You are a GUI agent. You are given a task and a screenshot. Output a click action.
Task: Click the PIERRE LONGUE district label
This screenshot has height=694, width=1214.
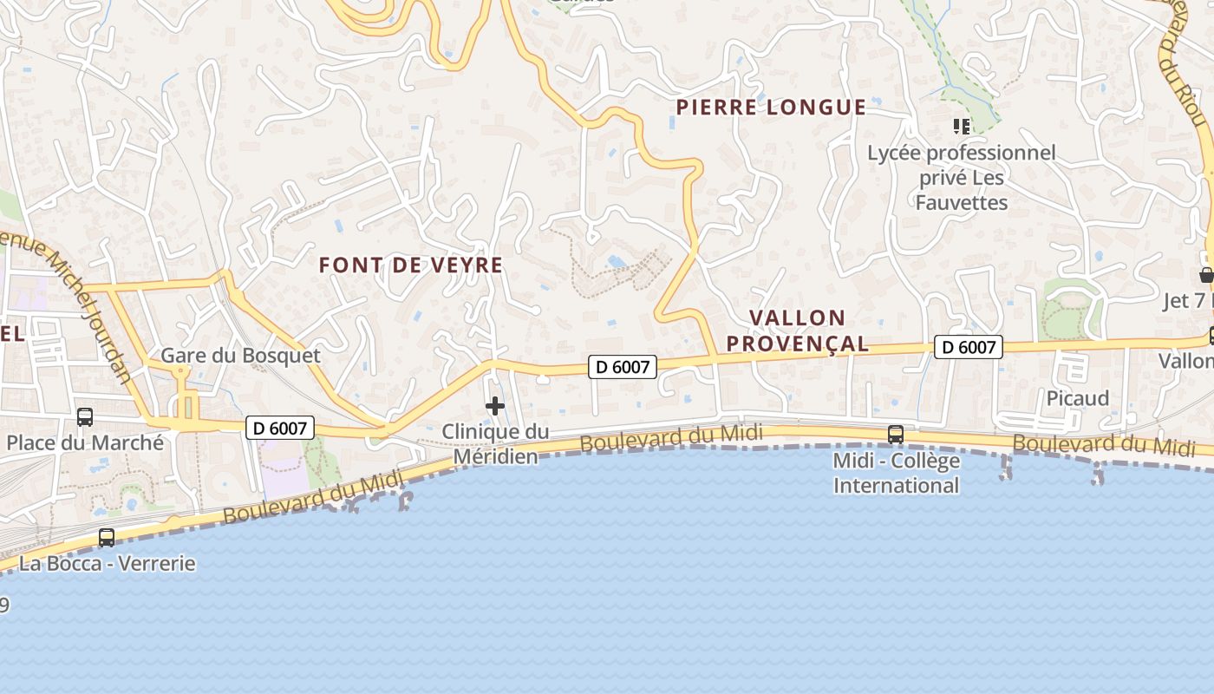click(x=771, y=108)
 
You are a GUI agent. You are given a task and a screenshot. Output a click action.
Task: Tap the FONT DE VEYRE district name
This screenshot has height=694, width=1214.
click(x=411, y=265)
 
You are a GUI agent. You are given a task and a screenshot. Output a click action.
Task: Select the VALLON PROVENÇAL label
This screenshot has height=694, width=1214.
click(x=798, y=331)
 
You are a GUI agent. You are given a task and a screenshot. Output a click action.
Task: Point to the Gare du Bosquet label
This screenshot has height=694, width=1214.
click(x=240, y=356)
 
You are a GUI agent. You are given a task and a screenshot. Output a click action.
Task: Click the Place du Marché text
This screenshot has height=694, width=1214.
click(x=85, y=442)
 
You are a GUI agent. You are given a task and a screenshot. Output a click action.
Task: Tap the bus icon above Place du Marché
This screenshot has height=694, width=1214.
click(x=85, y=416)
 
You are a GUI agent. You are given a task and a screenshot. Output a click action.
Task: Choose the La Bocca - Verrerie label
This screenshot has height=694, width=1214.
click(x=108, y=564)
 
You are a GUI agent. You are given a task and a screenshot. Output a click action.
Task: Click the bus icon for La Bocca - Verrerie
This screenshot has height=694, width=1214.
click(x=107, y=538)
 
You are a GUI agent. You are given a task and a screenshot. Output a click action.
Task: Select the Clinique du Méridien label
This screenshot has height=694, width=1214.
click(x=495, y=443)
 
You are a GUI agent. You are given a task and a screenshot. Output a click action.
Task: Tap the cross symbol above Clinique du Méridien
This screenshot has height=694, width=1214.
click(x=495, y=406)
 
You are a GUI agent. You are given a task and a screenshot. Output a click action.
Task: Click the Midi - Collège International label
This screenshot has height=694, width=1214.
click(x=897, y=473)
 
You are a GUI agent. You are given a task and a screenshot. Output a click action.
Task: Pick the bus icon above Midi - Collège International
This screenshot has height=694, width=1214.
click(x=896, y=434)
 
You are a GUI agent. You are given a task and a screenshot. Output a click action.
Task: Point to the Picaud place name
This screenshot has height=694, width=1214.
click(x=1078, y=398)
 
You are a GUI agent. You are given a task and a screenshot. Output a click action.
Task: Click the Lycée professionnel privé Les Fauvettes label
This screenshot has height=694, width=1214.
click(x=962, y=178)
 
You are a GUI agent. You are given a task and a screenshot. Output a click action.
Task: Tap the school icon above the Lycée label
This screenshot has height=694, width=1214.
click(x=961, y=128)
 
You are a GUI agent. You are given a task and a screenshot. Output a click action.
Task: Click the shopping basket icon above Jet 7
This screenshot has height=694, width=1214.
click(x=1206, y=276)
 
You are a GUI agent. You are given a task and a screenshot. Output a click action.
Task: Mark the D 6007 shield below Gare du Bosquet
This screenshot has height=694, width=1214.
click(x=279, y=428)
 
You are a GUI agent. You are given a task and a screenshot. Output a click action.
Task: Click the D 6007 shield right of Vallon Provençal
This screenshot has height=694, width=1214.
click(x=969, y=348)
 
